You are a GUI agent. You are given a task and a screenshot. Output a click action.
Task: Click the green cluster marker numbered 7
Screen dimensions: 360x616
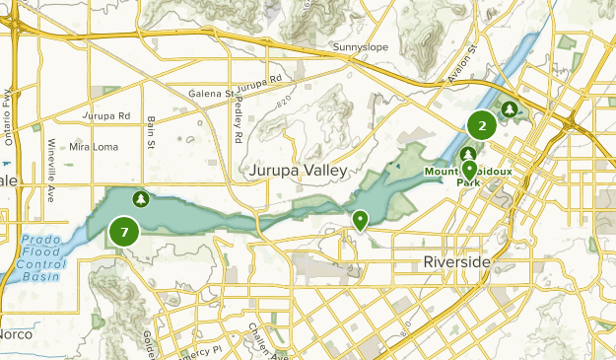(124, 233)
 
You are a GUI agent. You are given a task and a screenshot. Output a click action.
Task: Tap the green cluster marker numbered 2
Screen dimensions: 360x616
(482, 125)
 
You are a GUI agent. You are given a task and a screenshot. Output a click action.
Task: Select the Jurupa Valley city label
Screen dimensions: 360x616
(298, 171)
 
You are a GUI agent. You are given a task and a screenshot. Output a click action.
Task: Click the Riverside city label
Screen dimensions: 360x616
(455, 262)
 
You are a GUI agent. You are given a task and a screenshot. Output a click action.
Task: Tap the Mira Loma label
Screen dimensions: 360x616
(93, 147)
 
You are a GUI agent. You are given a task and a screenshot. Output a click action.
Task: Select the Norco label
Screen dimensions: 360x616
(14, 334)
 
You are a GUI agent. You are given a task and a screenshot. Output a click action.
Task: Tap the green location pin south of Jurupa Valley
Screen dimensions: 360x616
(361, 220)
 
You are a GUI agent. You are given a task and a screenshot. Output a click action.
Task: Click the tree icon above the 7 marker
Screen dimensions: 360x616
(141, 199)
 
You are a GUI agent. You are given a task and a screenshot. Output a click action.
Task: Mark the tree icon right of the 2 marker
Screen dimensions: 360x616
(510, 109)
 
